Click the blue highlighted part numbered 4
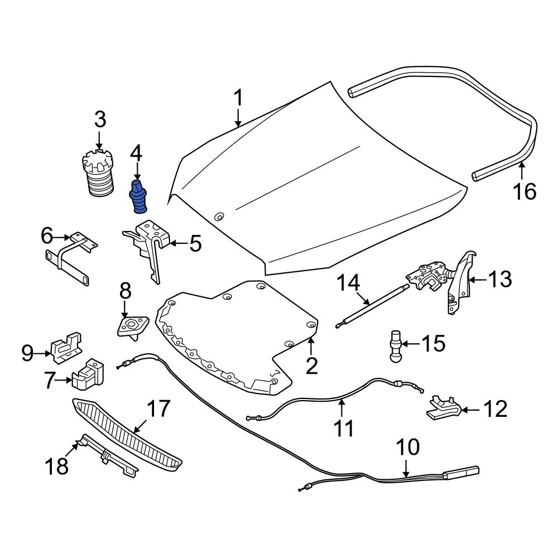coord(139,197)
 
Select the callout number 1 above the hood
coord(238,99)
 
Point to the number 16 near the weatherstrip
coord(525,191)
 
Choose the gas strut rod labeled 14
coord(368,304)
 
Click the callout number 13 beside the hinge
coord(499,279)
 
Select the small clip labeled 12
coord(441,408)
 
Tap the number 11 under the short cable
coord(344,429)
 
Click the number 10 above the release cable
coord(407,447)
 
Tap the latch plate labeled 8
coord(132,325)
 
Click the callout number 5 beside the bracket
coord(195,244)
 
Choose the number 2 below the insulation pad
coord(311,365)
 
